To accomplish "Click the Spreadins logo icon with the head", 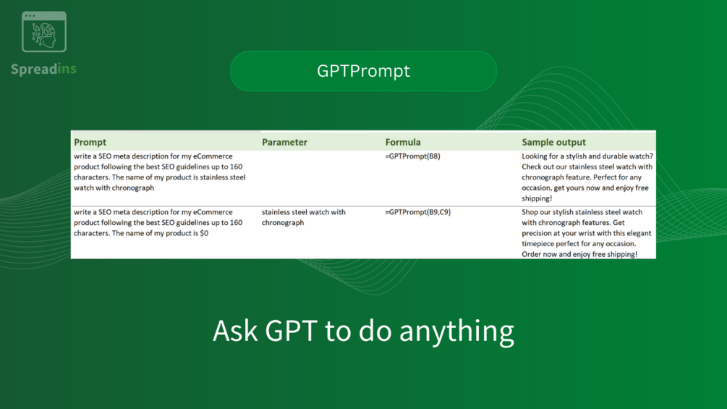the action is [44, 32].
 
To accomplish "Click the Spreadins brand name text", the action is [43, 69].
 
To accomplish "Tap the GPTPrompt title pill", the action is [363, 71].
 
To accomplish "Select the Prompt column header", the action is [90, 143].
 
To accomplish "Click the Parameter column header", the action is [284, 143].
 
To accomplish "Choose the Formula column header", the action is [403, 143].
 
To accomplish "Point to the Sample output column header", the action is [553, 143].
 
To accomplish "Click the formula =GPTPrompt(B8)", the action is [412, 156].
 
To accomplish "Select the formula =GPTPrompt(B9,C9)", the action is [417, 212].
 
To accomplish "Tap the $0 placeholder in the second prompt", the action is [204, 233].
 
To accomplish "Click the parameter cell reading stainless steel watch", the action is [303, 217].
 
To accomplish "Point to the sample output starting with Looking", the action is [587, 177].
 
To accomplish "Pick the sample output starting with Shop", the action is [587, 233].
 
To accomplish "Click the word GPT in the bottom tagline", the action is [291, 331].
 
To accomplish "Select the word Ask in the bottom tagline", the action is [234, 331].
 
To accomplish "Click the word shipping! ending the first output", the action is [537, 198].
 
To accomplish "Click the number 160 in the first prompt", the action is [236, 166].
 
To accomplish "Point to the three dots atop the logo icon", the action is [30, 16].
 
